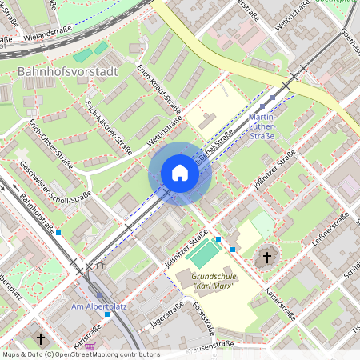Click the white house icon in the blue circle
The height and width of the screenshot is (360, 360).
(180, 173)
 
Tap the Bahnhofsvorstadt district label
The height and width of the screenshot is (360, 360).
(67, 71)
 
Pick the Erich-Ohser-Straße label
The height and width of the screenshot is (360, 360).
(51, 143)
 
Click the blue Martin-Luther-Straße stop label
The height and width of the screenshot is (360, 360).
(267, 126)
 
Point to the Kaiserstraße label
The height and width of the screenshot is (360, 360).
(279, 305)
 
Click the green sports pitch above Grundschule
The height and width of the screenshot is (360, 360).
(204, 254)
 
